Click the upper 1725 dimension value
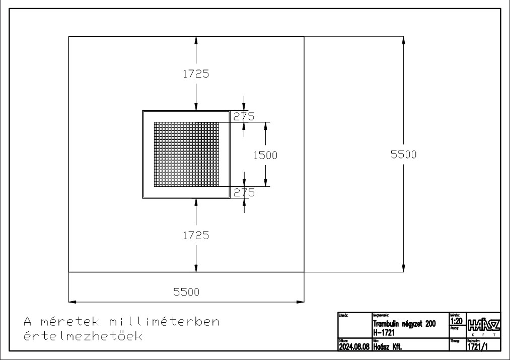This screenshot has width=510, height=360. (196, 74)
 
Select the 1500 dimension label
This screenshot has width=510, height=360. (265, 155)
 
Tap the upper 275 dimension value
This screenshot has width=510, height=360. (244, 116)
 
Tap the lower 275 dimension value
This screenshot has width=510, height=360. (244, 192)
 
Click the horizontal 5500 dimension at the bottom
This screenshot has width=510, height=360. (186, 292)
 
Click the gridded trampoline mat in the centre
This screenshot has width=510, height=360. (186, 154)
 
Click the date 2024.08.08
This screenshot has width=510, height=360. (354, 346)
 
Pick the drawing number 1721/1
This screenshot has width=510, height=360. (477, 346)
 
